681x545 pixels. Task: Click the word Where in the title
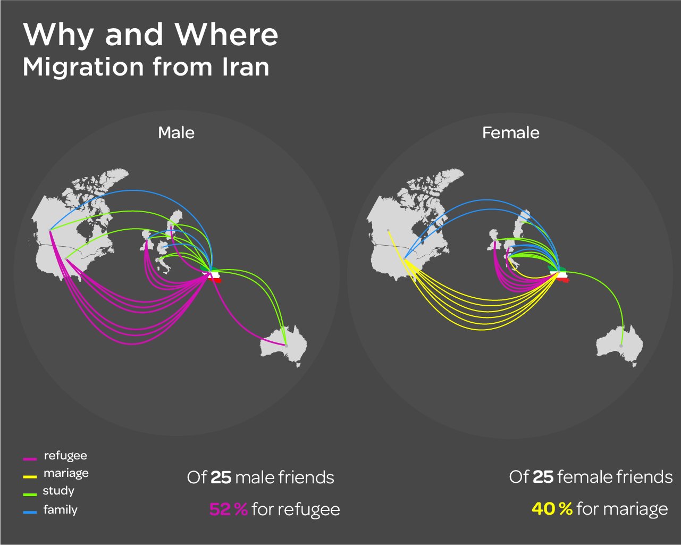(227, 35)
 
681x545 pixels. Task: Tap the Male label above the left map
(176, 132)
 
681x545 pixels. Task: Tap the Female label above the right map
(511, 132)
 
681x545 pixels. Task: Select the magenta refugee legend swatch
(30, 458)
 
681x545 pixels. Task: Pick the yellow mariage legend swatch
(30, 476)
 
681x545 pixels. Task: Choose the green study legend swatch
(30, 494)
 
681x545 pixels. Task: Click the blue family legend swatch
(30, 512)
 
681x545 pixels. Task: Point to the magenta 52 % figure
(229, 509)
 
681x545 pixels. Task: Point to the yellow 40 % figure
(552, 509)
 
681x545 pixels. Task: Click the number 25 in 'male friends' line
(221, 477)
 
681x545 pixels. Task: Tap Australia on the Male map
(284, 345)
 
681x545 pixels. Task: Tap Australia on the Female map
(620, 345)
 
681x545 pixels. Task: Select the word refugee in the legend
(65, 456)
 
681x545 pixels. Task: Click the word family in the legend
(61, 510)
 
